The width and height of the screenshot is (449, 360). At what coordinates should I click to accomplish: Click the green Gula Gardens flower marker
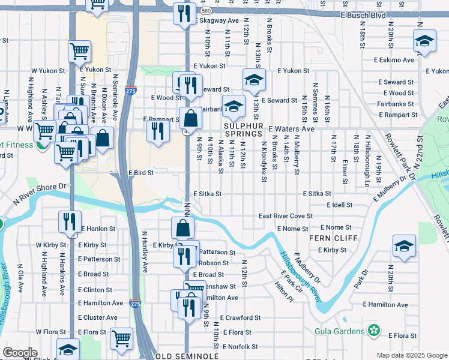pyautogui.click(x=375, y=331)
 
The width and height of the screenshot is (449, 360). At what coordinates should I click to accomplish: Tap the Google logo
pyautogui.click(x=20, y=353)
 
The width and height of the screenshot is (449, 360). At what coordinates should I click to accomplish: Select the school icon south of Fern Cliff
pyautogui.click(x=404, y=246)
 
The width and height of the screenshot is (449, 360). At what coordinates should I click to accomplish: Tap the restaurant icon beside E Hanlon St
pyautogui.click(x=70, y=221)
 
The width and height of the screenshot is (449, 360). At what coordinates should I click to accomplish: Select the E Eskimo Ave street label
pyautogui.click(x=393, y=60)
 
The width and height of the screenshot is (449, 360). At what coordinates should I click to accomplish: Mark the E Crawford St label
pyautogui.click(x=240, y=317)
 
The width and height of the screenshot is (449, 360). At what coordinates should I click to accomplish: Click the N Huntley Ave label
pyautogui.click(x=144, y=252)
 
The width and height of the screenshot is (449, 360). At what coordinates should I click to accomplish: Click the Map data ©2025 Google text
pyautogui.click(x=411, y=355)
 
